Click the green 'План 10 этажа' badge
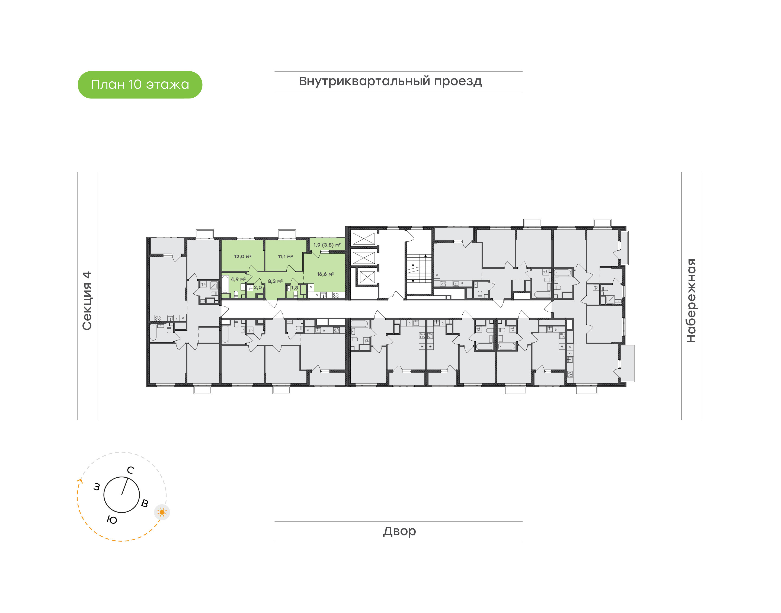(140, 85)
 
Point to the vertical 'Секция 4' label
(87, 301)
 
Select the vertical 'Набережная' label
(691, 301)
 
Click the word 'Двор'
(399, 531)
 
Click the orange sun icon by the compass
(162, 512)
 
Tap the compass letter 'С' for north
(131, 470)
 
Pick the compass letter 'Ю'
(112, 520)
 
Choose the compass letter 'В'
(145, 503)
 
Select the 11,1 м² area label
(285, 257)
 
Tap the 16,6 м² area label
(325, 274)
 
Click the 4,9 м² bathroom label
(238, 279)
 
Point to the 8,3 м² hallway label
(275, 281)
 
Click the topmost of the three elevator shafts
(363, 239)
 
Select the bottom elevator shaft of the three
(367, 277)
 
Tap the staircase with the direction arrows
(419, 269)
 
